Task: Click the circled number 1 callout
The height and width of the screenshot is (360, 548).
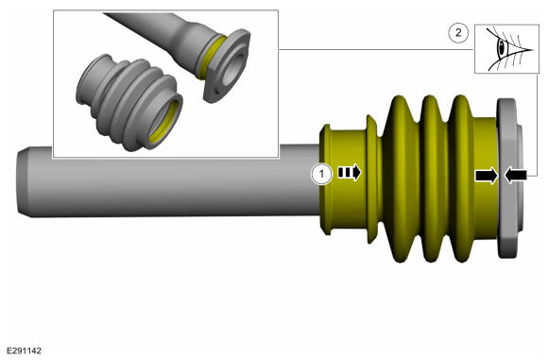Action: [322, 174]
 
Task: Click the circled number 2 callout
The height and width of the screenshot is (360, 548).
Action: [458, 33]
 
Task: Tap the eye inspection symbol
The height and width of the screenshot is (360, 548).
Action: [506, 49]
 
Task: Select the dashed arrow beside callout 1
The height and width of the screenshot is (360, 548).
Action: [350, 173]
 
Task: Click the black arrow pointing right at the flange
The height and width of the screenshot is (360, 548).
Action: [487, 176]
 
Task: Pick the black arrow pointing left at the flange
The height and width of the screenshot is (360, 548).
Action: [516, 176]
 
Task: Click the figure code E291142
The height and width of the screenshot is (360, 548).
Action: [25, 351]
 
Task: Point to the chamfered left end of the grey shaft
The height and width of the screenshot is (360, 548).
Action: [23, 181]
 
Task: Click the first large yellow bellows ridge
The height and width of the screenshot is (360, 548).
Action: [401, 179]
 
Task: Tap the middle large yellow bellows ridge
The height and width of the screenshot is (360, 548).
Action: [431, 179]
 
